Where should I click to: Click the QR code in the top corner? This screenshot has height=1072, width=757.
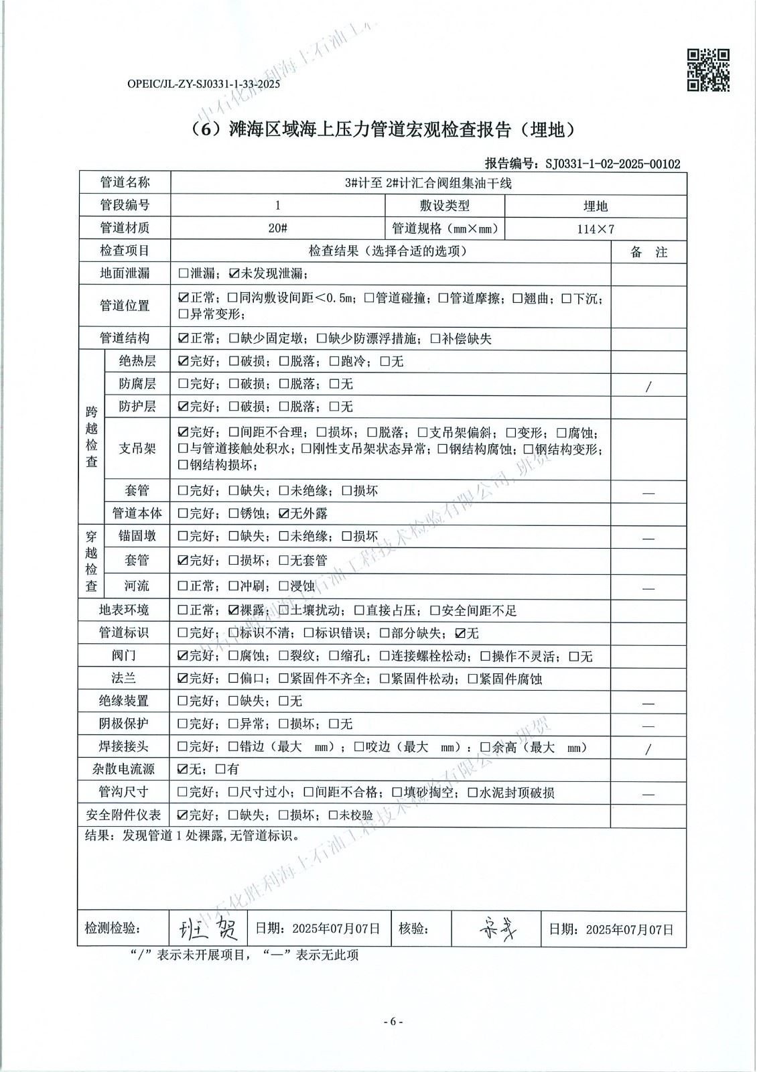[x=709, y=70]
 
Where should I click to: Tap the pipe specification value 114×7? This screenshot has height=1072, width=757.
[x=596, y=229]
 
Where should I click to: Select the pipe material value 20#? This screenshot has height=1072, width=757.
[x=278, y=228]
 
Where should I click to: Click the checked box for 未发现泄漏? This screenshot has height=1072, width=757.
[x=234, y=274]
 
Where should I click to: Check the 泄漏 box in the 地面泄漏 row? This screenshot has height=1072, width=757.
[x=183, y=274]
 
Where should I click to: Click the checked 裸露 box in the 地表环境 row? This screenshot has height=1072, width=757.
[x=234, y=610]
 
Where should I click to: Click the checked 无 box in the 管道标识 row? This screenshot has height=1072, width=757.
[x=460, y=633]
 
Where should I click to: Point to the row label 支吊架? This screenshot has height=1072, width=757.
[x=137, y=448]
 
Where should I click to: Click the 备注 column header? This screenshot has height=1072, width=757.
[x=648, y=252]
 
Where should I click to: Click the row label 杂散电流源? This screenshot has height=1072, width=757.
[x=124, y=769]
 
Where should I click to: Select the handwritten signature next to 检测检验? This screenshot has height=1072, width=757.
[x=207, y=929]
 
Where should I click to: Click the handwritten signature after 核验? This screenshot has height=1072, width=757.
[x=496, y=929]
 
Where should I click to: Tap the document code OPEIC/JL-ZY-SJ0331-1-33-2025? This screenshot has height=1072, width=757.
[x=203, y=84]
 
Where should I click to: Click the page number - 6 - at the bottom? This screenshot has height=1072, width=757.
[x=393, y=1022]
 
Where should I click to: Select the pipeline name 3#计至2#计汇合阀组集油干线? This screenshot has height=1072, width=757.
[x=428, y=184]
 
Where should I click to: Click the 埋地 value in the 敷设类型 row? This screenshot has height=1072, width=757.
[x=595, y=206]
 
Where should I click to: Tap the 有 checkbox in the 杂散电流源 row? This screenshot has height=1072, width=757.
[x=220, y=770]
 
